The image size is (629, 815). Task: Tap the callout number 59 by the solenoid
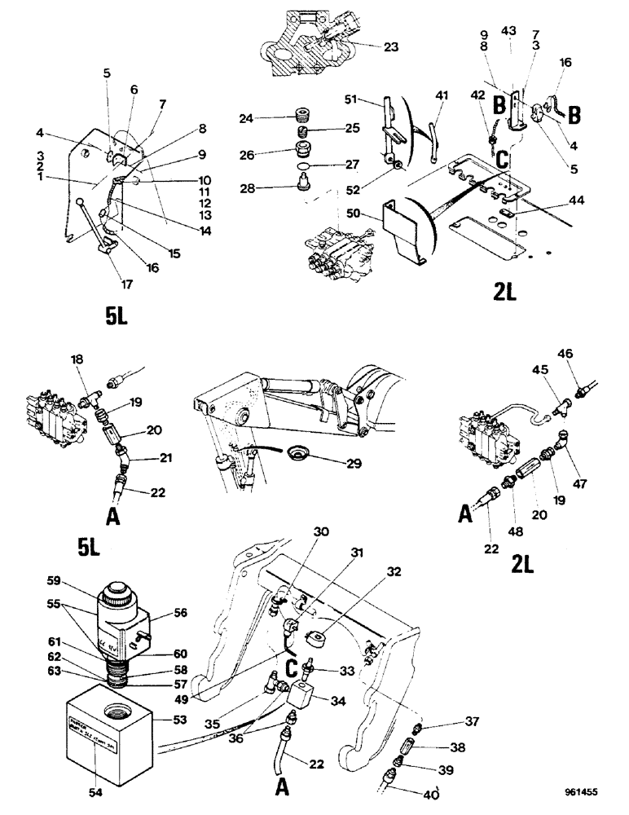click(x=55, y=582)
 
